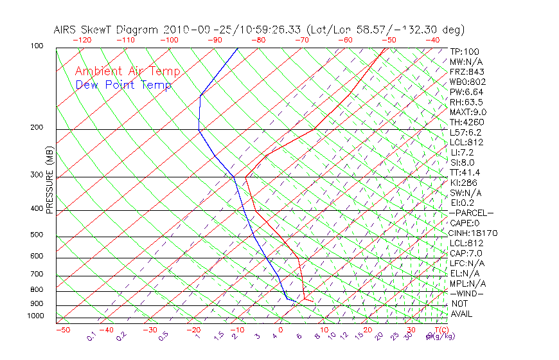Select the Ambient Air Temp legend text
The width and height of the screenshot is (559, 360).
tap(128, 71)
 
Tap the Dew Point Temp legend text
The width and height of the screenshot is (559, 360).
tap(123, 85)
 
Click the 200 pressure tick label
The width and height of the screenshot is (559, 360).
tap(37, 128)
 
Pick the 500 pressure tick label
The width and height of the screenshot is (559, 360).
tap(37, 235)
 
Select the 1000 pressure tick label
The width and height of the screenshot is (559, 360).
tap(35, 316)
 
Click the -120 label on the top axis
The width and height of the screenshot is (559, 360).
tap(82, 40)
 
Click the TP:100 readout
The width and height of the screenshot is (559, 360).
tap(464, 51)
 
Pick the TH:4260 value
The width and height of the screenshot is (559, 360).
tap(466, 122)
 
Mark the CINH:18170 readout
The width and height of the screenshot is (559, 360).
tap(473, 233)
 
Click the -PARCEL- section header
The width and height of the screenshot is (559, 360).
tap(471, 213)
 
